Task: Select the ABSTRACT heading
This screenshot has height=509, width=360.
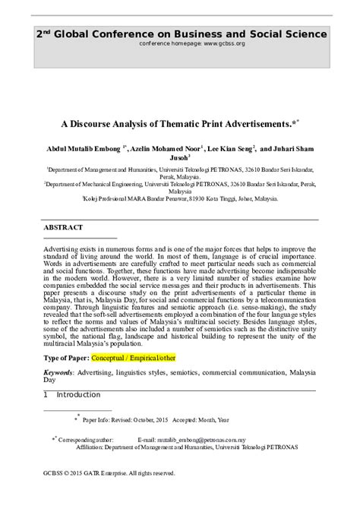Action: (66, 227)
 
